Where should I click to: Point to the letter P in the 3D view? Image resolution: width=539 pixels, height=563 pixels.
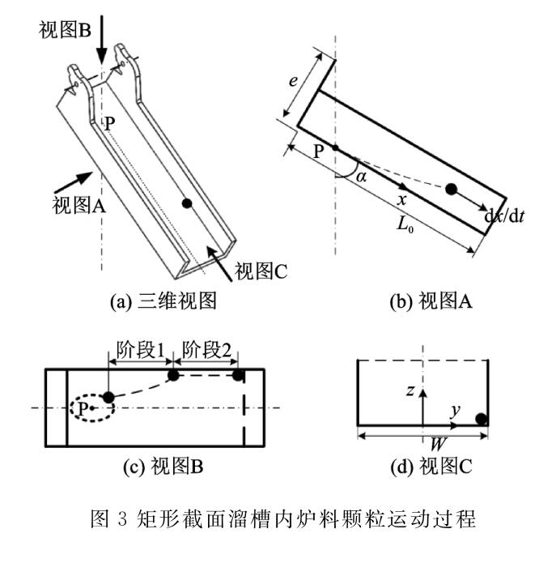pos(108,125)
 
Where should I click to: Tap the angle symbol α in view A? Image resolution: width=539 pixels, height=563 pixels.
pos(363,175)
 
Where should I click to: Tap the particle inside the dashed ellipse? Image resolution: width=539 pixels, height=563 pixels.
pos(108,398)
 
